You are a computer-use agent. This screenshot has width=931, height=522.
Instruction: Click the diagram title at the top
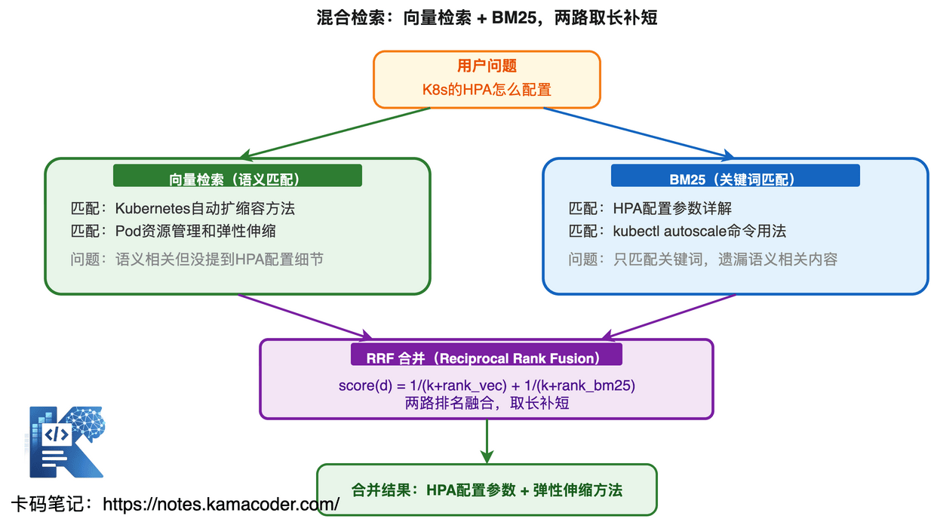click(x=487, y=17)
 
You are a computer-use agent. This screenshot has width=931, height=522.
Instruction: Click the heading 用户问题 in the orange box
click(x=487, y=66)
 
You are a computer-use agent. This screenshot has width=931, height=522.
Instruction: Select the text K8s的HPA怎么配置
click(x=487, y=90)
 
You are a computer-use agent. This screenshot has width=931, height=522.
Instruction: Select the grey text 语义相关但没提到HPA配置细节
click(x=219, y=259)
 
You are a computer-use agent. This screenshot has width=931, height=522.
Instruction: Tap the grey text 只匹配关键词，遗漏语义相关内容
click(x=724, y=259)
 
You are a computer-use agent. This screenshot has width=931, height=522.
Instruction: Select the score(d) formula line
click(x=487, y=385)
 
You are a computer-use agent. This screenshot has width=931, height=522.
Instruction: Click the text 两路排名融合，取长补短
click(x=487, y=403)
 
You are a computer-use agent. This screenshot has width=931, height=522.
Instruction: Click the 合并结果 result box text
click(x=487, y=490)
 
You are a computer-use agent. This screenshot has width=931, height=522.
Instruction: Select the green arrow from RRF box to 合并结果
click(x=487, y=441)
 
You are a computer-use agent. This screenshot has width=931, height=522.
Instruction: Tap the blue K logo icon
click(x=66, y=442)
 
